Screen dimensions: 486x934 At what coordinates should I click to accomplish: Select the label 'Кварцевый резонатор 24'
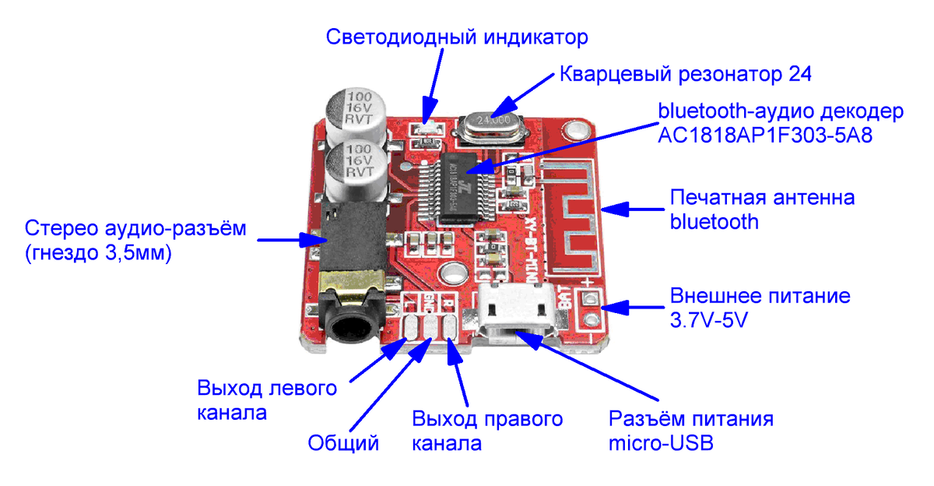coord(686,75)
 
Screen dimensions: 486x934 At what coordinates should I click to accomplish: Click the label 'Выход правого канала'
coord(487,431)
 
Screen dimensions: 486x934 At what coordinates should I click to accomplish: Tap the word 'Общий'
coord(343,444)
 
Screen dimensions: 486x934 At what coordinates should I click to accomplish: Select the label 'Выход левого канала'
coord(267,400)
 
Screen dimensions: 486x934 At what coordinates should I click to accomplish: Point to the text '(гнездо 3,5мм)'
coord(97,253)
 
